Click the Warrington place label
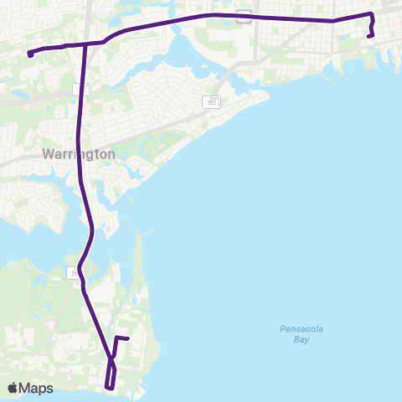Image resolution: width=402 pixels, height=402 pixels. click(x=78, y=154)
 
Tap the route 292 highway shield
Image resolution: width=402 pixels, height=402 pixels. click(x=210, y=102)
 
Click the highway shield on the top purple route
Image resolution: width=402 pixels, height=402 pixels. click(x=243, y=15)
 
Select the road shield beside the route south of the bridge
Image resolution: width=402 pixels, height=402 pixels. click(x=73, y=272)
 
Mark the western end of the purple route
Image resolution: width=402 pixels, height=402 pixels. click(x=29, y=54)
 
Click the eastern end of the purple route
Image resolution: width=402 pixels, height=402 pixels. click(x=369, y=36)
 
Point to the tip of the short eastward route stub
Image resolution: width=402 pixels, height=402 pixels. click(x=127, y=338)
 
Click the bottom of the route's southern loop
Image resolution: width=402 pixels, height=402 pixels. click(x=110, y=388)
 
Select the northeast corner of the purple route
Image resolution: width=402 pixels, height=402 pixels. click(x=372, y=15)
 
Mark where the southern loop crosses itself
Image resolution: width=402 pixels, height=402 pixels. click(x=111, y=360)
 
